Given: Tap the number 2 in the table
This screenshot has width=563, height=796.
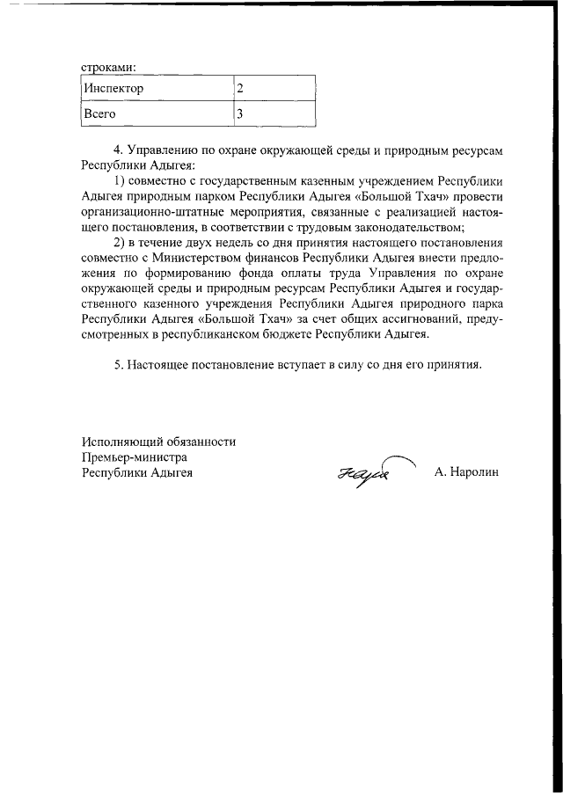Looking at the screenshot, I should (240, 89).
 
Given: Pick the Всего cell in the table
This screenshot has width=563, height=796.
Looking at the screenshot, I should (99, 113).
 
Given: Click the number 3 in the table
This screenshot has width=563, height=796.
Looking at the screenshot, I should (240, 113).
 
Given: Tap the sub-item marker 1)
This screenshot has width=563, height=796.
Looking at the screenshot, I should (121, 181).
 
